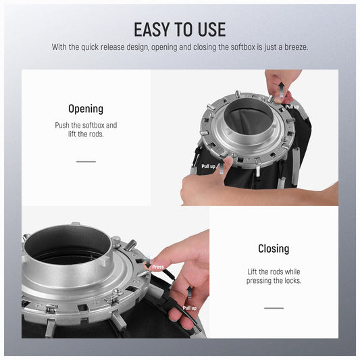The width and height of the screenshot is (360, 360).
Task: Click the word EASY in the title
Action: click(153, 30)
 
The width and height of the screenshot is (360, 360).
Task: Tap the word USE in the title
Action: click(212, 30)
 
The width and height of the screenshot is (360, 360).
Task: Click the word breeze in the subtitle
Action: click(296, 47)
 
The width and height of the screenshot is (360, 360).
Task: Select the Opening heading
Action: click(86, 109)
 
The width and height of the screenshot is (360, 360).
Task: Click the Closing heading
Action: click(274, 249)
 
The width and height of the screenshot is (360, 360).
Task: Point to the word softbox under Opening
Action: click(94, 125)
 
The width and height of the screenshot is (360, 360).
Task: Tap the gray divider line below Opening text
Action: click(86, 161)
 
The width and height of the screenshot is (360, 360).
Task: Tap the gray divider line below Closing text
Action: click(274, 308)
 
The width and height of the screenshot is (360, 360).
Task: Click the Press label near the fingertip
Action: click(158, 267)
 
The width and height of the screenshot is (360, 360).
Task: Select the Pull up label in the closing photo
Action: click(190, 308)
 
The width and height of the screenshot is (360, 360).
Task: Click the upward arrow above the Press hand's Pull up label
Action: click(189, 293)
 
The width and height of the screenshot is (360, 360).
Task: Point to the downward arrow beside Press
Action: click(148, 262)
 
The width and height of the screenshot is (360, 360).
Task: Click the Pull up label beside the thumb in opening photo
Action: click(208, 166)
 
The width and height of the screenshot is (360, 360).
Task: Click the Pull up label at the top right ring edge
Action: click(292, 107)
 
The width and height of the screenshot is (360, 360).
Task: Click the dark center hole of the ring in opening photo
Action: click(249, 117)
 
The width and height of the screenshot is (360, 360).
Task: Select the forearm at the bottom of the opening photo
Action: click(259, 193)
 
